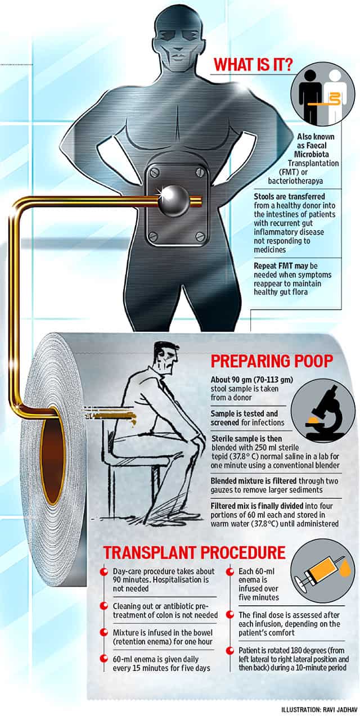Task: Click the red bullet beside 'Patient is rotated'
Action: tap(230, 650)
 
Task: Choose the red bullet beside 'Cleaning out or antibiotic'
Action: tap(103, 606)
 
